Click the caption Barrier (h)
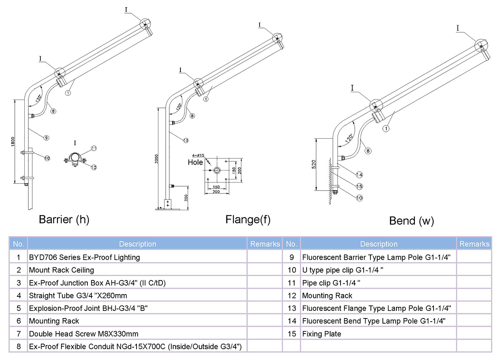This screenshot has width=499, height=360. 64,219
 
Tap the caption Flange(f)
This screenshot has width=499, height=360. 248,219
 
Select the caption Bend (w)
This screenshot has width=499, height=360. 412,221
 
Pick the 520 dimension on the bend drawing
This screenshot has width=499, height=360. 314,164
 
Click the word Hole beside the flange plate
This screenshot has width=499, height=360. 195,162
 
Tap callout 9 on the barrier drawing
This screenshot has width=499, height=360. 46,137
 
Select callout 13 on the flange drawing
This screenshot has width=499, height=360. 186,140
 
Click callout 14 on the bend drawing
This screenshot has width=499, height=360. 359,175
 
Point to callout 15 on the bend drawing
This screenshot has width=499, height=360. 359,186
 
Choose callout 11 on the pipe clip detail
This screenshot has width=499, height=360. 94,148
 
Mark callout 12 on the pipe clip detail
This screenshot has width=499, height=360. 93,167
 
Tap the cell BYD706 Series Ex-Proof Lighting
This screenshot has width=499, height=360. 84,257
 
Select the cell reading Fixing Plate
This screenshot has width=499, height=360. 321,334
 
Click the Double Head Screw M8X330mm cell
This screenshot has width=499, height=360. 83,334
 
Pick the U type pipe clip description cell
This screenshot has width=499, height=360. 343,270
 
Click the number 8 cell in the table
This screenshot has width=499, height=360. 18,346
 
